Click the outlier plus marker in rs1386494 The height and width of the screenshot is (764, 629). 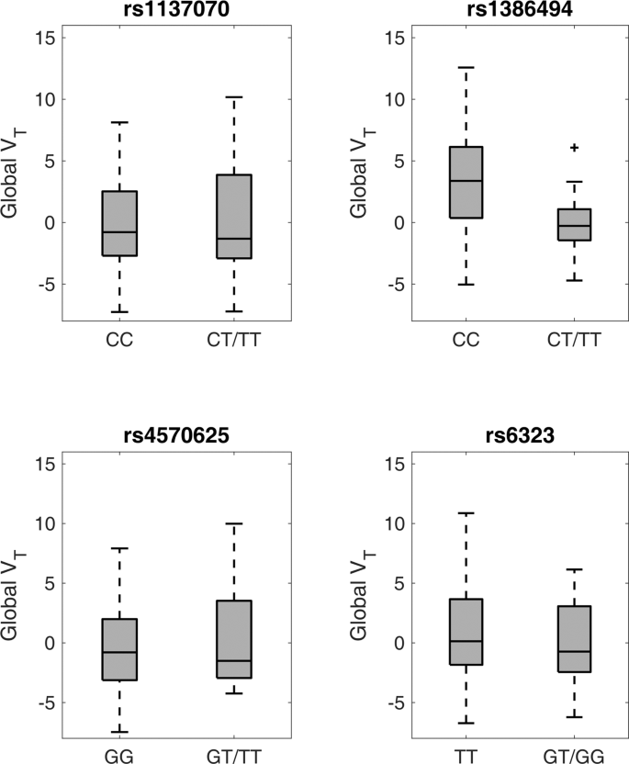[x=575, y=147]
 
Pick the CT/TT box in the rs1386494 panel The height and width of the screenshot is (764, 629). [x=575, y=224]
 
